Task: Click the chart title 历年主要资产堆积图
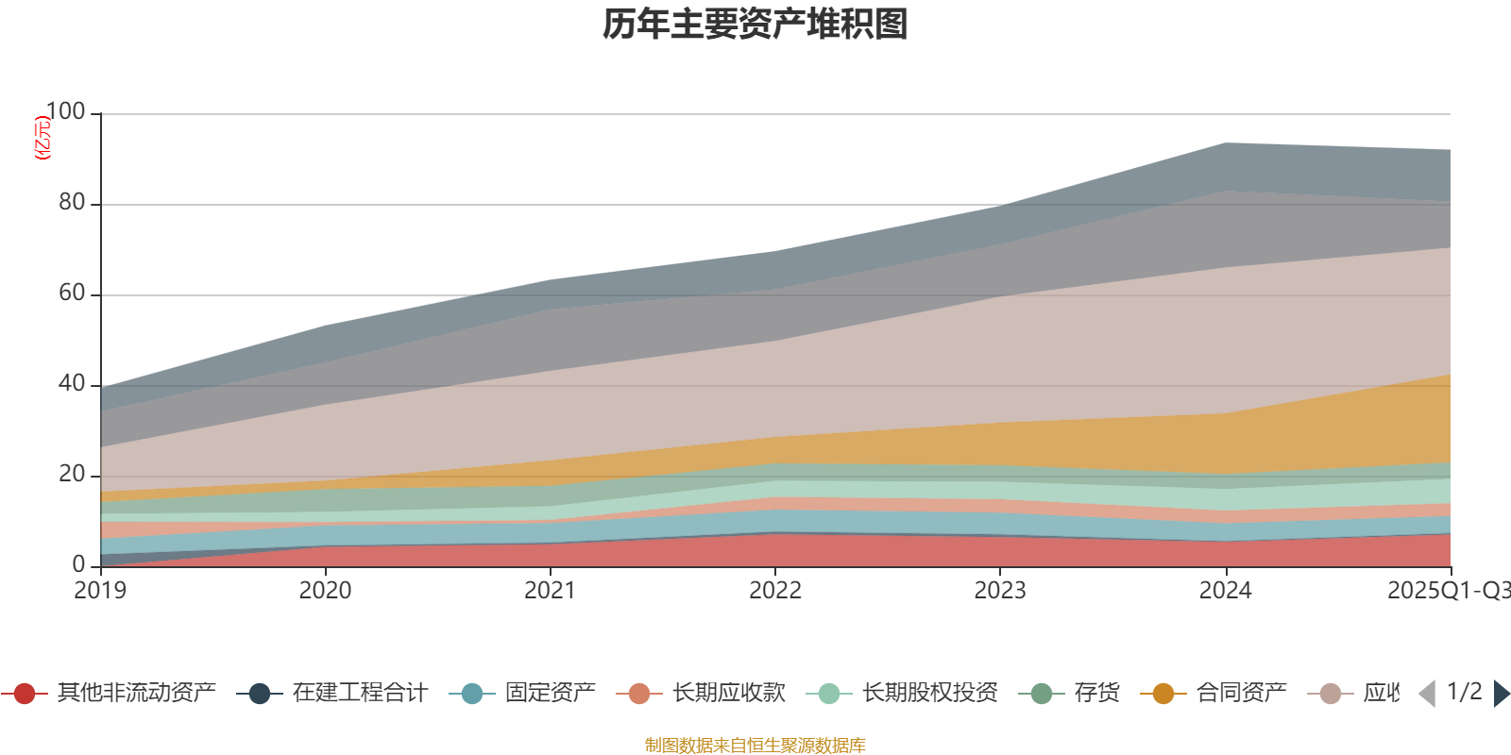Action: pos(755,25)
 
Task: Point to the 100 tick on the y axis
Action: pos(65,112)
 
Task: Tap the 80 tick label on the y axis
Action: pos(71,203)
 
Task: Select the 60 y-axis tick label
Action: pos(71,294)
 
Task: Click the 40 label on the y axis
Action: pos(71,384)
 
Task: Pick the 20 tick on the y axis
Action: pos(71,475)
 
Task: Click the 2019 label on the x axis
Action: pos(101,591)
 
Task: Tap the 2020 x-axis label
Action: pos(326,591)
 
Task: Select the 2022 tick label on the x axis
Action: pos(775,591)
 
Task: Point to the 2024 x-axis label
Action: pos(1225,591)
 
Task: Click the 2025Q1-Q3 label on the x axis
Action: pos(1447,591)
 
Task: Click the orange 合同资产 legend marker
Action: pos(1163,694)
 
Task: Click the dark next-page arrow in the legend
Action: pos(1502,694)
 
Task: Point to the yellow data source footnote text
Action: pos(755,746)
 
